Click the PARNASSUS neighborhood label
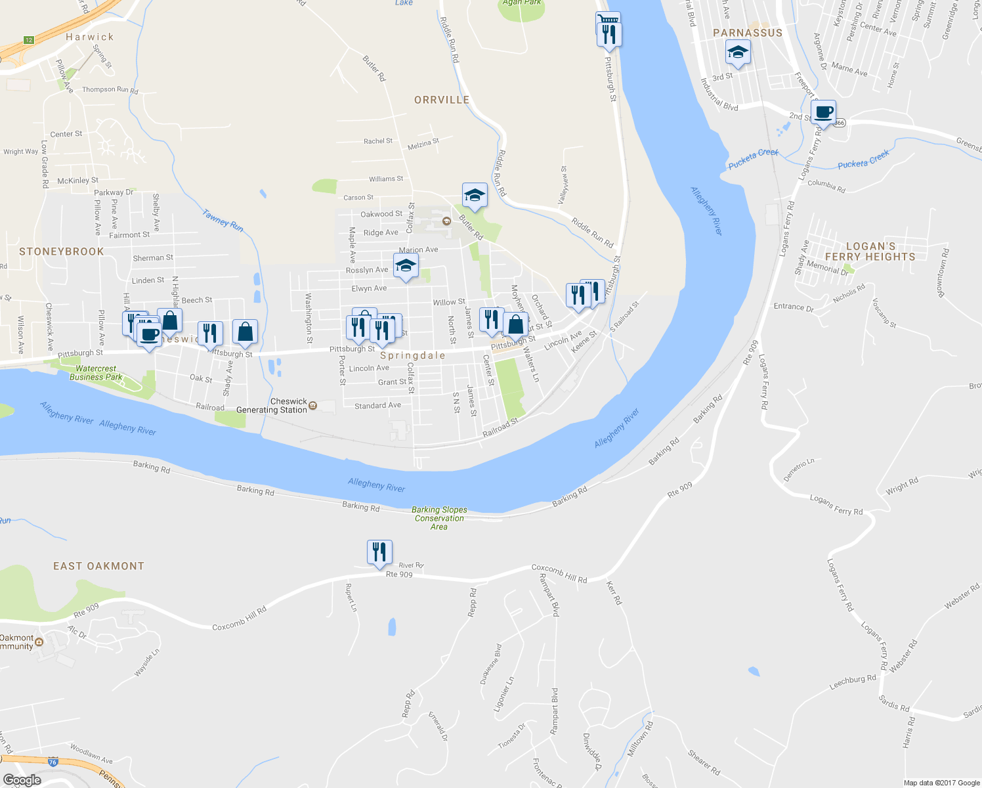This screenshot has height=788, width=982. (x=748, y=33)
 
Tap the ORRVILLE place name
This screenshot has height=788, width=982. (x=442, y=100)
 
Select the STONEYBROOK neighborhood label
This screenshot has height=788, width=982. (x=62, y=252)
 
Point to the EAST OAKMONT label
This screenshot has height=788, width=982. (x=98, y=566)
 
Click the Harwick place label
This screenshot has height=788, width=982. (x=90, y=37)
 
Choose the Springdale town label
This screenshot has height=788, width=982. (x=413, y=355)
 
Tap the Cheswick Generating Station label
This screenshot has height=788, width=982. (x=272, y=406)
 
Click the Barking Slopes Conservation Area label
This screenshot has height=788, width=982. (x=439, y=518)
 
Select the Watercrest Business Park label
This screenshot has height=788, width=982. (x=96, y=373)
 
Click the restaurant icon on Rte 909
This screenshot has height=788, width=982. (x=379, y=552)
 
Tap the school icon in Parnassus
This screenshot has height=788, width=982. (x=738, y=52)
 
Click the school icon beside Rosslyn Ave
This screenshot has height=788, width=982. (x=406, y=266)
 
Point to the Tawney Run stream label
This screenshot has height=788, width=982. (x=223, y=221)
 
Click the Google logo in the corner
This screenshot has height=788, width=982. (x=22, y=780)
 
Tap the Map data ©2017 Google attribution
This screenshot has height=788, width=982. (x=941, y=783)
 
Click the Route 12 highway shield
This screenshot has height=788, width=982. (x=28, y=40)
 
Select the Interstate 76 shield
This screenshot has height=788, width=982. (x=53, y=762)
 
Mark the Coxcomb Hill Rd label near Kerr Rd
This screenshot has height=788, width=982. (x=559, y=573)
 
